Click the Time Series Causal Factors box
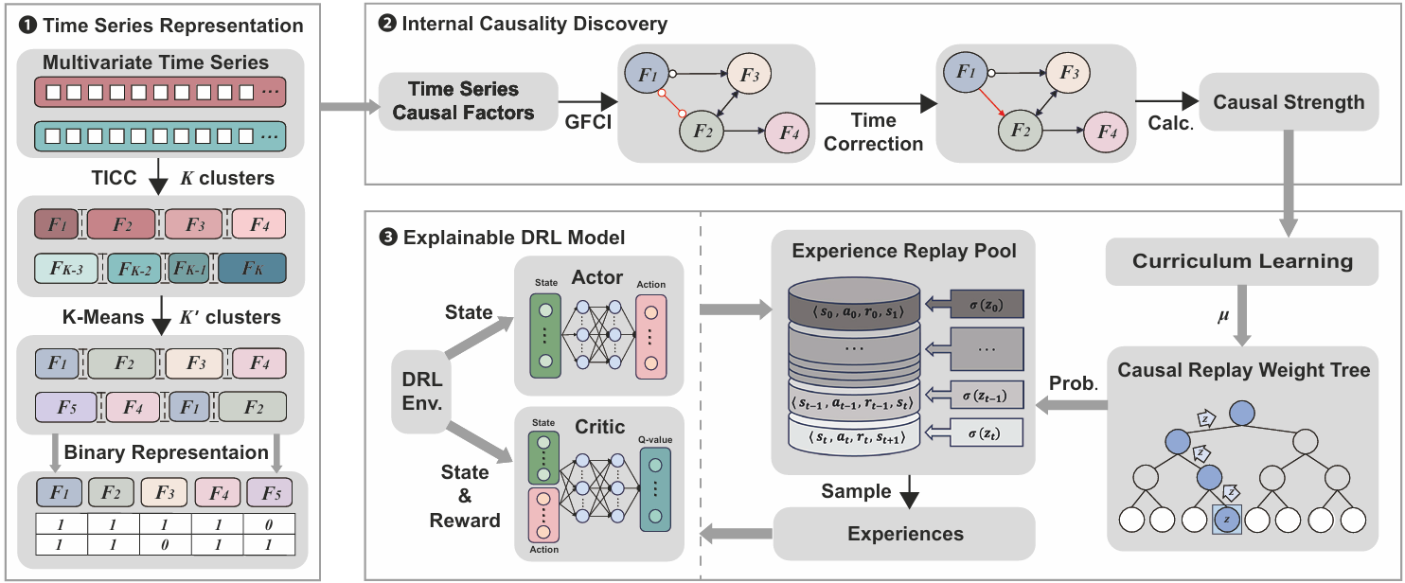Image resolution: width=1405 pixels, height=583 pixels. [463, 101]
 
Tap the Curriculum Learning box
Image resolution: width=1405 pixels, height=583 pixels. [1243, 261]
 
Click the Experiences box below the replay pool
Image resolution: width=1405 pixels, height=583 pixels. [904, 534]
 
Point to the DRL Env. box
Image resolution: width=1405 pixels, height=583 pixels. [422, 391]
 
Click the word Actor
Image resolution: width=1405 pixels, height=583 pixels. [597, 277]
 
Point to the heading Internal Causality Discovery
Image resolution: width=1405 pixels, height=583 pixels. [535, 24]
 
